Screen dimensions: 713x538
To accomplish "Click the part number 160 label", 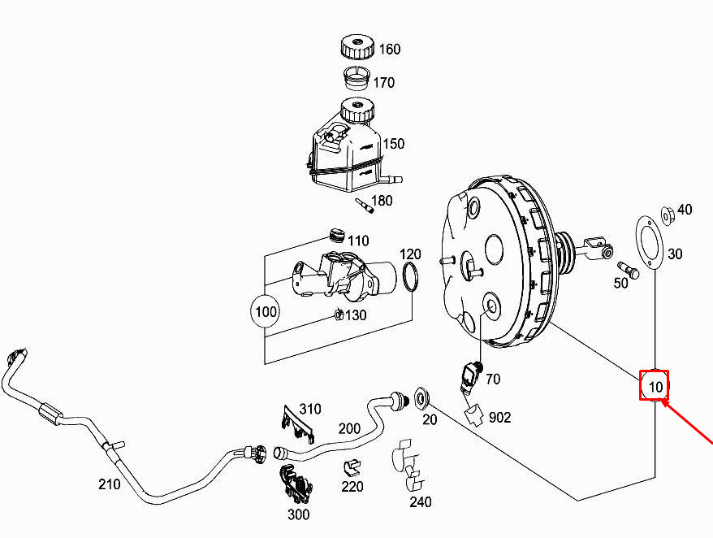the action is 390,49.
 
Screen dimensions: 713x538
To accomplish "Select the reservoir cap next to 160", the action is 357,46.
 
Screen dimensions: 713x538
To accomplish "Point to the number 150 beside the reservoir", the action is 393,144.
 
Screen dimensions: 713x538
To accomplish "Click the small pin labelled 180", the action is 365,206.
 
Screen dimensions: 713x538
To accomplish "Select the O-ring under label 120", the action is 410,276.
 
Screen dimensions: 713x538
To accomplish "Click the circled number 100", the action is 266,312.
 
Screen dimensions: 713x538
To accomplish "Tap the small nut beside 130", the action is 339,314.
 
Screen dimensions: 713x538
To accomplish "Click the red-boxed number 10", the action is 655,386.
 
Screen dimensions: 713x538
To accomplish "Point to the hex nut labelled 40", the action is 667,215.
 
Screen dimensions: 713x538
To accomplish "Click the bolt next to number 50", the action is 629,270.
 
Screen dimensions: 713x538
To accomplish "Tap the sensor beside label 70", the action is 471,375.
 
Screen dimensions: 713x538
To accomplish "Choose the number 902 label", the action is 499,418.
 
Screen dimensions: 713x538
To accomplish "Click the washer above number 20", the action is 421,397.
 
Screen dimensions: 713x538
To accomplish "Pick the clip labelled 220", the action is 351,467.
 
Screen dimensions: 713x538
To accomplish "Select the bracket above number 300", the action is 295,484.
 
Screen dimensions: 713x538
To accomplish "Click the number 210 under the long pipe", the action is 109,484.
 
